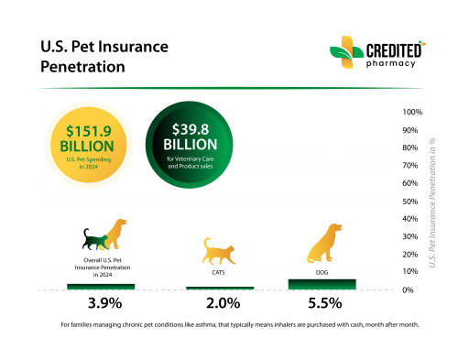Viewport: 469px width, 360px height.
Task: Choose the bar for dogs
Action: coord(322,283)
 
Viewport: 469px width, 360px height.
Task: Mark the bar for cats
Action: coord(219,288)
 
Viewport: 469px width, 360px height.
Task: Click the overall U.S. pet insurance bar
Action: coord(101,286)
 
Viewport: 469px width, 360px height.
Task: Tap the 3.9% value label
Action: coord(101,303)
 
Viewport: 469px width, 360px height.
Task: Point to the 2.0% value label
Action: coord(219,303)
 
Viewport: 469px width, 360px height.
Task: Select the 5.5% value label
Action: coord(322,303)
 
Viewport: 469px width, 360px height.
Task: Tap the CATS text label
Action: coord(219,272)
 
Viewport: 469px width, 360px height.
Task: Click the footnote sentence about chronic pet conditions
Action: coord(234,325)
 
